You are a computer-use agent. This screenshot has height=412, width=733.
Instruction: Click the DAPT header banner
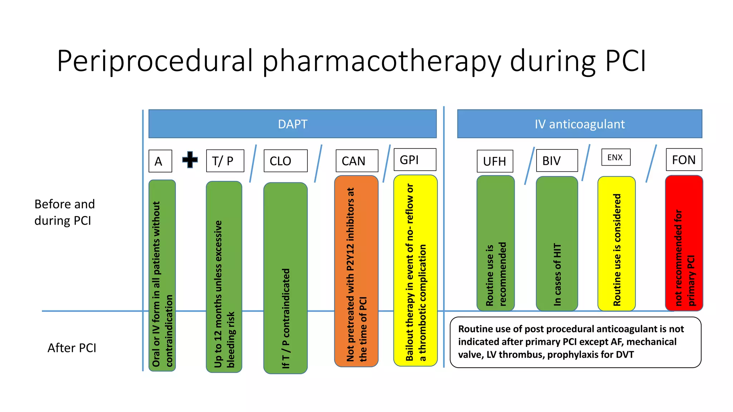tap(292, 124)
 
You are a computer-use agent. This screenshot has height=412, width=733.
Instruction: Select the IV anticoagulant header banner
tap(579, 124)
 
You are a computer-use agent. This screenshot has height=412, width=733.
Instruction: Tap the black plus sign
tap(190, 160)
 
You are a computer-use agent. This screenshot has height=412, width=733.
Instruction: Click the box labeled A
tap(160, 161)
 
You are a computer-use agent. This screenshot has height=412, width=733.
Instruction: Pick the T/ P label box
tap(225, 161)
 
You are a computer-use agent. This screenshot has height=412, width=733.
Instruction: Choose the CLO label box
tap(285, 161)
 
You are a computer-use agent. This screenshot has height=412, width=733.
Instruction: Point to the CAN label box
tap(356, 161)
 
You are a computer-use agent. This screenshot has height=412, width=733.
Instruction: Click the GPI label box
tap(414, 160)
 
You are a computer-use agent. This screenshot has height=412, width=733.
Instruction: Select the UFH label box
tap(495, 161)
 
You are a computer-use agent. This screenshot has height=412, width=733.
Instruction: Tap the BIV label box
tap(557, 161)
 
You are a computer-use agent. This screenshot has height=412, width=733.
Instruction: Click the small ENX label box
tap(615, 157)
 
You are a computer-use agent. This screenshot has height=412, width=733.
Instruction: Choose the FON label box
tap(684, 160)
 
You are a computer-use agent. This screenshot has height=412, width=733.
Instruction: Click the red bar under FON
tap(684, 243)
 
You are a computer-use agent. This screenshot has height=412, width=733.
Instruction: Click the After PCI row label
tap(72, 348)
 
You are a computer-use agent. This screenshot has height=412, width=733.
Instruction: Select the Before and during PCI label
tap(64, 212)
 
